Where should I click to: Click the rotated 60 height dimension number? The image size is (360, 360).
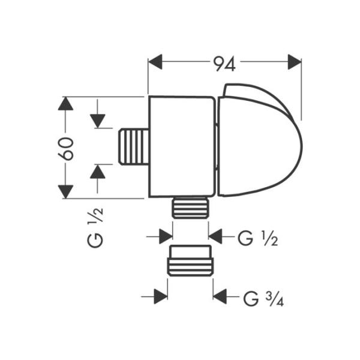point(67,148)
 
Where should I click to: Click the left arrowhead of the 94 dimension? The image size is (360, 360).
point(156,62)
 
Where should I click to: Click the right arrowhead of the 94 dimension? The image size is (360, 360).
point(294,62)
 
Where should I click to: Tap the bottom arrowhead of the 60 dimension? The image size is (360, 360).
point(65,191)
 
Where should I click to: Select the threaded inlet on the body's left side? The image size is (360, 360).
point(135,146)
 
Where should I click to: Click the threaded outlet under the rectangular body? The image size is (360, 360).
point(190,208)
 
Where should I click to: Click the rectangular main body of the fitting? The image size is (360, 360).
point(181,146)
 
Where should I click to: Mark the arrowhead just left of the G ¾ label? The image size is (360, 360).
point(221,296)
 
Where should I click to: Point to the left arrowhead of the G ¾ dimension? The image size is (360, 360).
point(160,296)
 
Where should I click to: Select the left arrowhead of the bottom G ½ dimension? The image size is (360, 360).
point(166,237)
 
